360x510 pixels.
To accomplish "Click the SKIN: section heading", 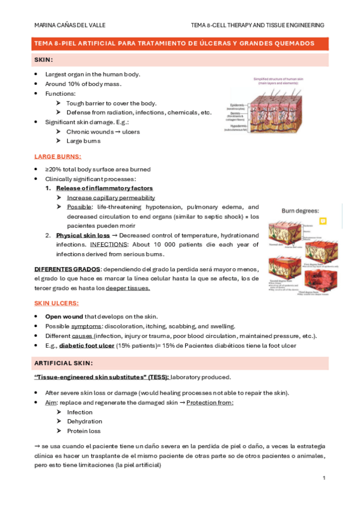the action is click(44, 60).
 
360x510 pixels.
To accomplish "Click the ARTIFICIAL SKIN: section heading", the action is click(64, 363).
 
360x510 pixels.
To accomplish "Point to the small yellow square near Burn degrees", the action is click(323, 221).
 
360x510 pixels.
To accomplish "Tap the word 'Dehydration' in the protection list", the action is click(84, 422).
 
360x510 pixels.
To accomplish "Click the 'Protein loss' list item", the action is click(84, 431).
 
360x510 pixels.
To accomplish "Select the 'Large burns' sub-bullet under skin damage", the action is click(84, 141).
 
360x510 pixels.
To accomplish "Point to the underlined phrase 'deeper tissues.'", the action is click(127, 288).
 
